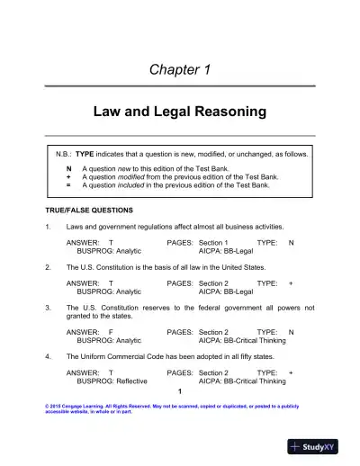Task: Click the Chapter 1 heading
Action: point(180,69)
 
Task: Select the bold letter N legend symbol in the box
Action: point(69,168)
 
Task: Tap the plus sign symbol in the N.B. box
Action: point(69,177)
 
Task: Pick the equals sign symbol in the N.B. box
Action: point(69,185)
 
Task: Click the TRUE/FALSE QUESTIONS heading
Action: point(88,210)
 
